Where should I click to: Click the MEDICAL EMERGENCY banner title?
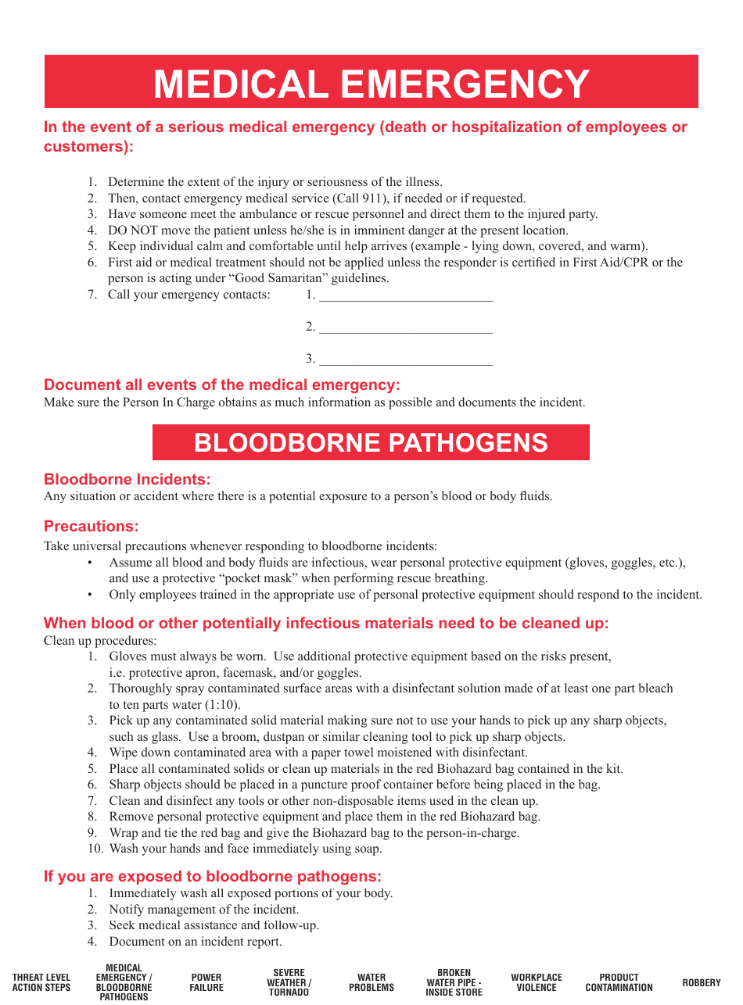click(371, 84)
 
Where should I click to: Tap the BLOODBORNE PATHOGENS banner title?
click(371, 443)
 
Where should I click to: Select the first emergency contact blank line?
click(406, 296)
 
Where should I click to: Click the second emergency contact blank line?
click(406, 328)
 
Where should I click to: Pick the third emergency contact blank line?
click(406, 360)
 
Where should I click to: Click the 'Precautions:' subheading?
click(91, 526)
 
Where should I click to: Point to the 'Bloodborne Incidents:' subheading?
click(127, 479)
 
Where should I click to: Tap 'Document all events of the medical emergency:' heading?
click(221, 384)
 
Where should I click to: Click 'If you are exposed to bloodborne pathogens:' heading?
click(213, 876)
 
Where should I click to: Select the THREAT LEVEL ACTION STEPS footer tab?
click(41, 982)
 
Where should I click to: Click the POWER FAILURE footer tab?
click(206, 982)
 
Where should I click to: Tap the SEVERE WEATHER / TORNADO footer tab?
click(289, 982)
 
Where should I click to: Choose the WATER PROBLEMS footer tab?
click(371, 982)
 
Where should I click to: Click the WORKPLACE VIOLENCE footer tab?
click(537, 982)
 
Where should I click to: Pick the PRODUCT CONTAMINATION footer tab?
click(619, 982)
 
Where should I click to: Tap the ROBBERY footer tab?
click(702, 982)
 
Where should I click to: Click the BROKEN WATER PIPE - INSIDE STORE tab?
click(454, 982)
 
